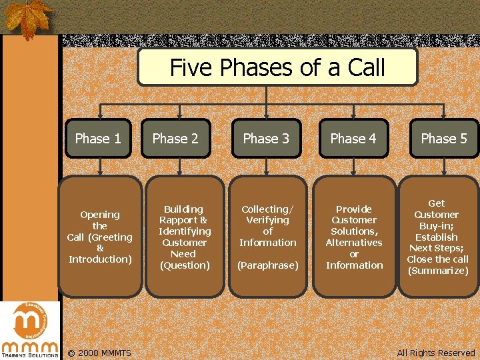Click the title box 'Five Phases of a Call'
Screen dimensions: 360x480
click(x=277, y=67)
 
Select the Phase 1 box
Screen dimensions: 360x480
click(x=98, y=139)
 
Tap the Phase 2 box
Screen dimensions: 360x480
click(x=175, y=139)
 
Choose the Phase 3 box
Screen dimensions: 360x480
click(x=266, y=139)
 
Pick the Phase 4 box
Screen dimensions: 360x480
click(x=353, y=139)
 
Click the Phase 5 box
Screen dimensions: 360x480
click(x=444, y=139)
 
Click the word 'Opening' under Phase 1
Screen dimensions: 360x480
click(x=100, y=215)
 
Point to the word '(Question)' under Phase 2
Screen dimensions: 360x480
click(x=185, y=265)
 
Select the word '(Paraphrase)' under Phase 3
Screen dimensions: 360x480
click(x=268, y=265)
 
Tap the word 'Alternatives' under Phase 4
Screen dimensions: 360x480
click(x=354, y=243)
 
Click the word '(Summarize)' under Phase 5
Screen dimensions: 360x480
click(x=438, y=271)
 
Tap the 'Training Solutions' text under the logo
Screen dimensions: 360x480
click(x=29, y=355)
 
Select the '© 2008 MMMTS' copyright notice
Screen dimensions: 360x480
click(x=99, y=353)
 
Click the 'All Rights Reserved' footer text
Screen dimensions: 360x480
click(x=436, y=353)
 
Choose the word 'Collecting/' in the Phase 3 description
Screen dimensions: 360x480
click(x=267, y=209)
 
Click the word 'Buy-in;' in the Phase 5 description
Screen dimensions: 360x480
click(x=437, y=226)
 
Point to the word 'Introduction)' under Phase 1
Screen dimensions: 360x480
click(x=100, y=259)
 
